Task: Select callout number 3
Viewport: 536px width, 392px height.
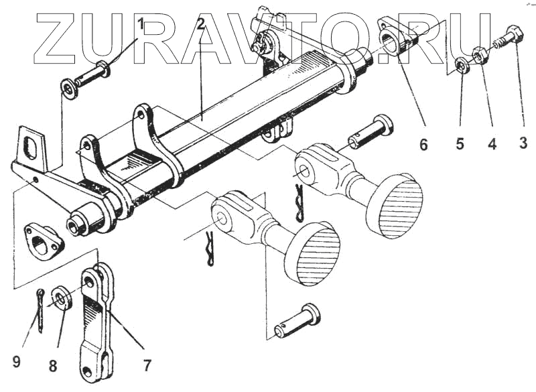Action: click(523, 143)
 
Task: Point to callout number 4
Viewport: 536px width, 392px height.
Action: click(492, 143)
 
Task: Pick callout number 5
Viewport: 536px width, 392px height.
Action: click(460, 143)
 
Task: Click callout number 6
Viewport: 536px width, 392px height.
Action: click(423, 143)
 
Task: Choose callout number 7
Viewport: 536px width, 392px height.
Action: click(147, 365)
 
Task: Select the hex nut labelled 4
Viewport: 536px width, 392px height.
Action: click(478, 54)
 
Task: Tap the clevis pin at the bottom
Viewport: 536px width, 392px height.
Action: click(297, 322)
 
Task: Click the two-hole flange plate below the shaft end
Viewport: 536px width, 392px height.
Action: click(43, 241)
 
